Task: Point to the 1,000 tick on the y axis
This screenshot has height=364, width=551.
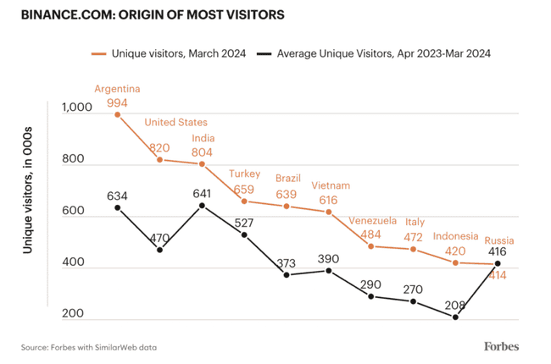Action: tap(76, 108)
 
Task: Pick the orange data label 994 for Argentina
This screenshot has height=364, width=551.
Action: tap(118, 102)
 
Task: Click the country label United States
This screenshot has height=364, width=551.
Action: tap(175, 122)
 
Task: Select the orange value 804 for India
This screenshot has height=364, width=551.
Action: tap(203, 152)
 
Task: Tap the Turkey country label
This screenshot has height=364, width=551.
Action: tap(244, 174)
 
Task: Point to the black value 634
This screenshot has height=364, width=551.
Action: tap(117, 196)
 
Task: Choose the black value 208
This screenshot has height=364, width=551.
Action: tap(455, 303)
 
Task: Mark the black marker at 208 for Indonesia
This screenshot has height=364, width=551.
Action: tap(455, 317)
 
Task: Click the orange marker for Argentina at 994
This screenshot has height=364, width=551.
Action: tap(117, 114)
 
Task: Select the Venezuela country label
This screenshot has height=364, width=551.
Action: tap(372, 220)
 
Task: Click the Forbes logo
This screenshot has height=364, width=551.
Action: tap(501, 345)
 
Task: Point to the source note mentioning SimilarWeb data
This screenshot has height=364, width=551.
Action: tap(89, 347)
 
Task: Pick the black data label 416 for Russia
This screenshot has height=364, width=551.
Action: tap(498, 251)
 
